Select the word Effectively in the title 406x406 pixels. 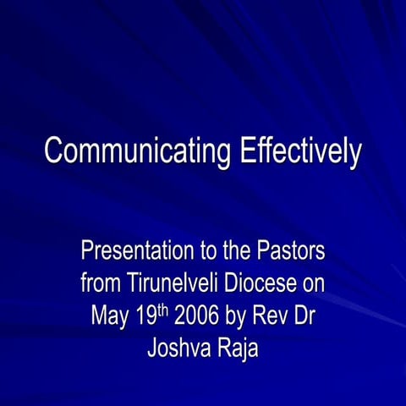pyautogui.click(x=299, y=152)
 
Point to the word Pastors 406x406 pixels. pyautogui.click(x=288, y=251)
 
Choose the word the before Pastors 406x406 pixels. pyautogui.click(x=229, y=251)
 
